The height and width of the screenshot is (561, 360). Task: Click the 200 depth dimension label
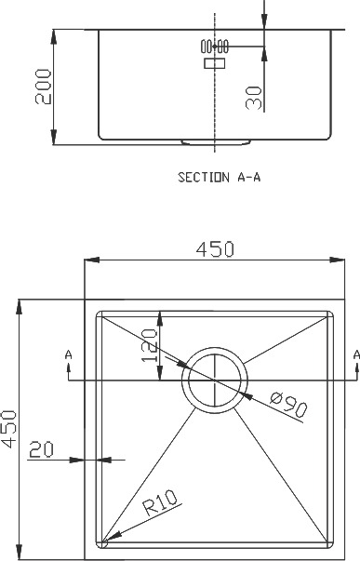click(44, 87)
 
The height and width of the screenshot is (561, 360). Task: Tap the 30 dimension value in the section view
click(254, 98)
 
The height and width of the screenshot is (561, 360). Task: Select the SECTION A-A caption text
click(220, 177)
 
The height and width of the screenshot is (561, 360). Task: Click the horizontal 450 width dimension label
click(215, 249)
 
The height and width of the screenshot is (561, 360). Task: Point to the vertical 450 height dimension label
click(8, 429)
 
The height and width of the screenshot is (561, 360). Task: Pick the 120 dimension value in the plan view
click(149, 345)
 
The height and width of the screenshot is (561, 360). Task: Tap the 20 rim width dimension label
click(41, 449)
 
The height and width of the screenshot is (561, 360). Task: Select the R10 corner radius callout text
click(160, 502)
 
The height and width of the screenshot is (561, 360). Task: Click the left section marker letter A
click(68, 354)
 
